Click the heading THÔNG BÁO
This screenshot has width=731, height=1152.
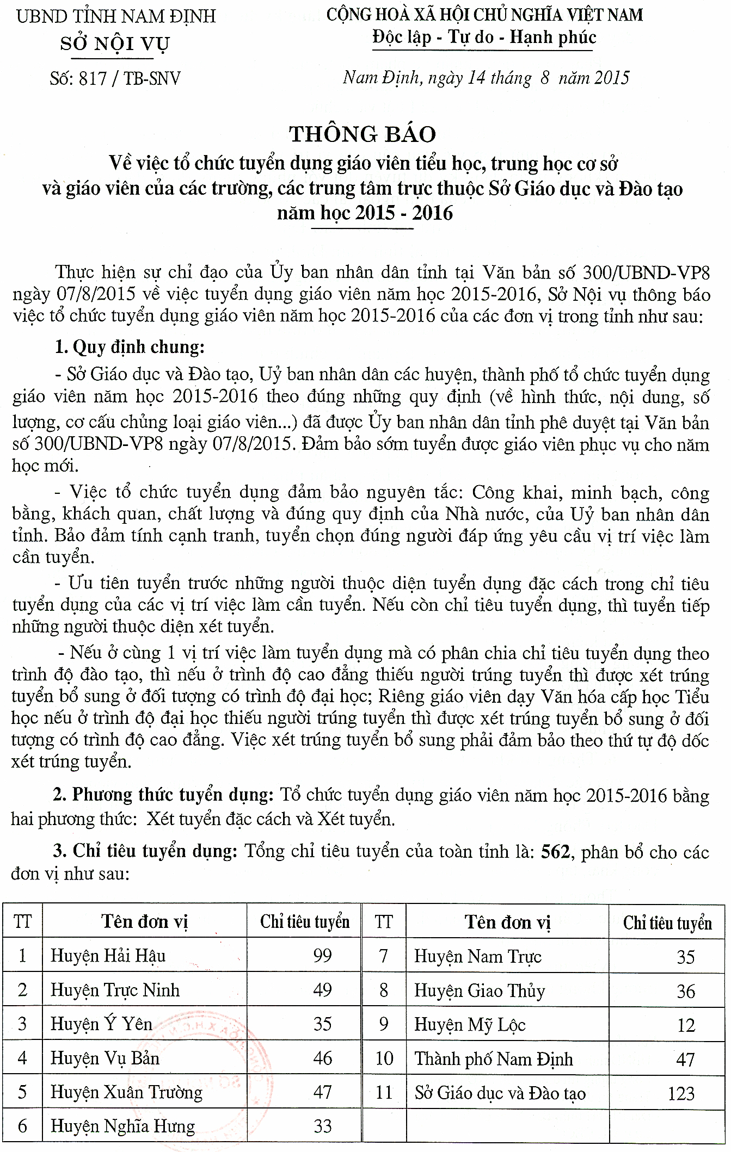coord(363,134)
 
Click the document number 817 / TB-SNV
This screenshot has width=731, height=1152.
coord(115,79)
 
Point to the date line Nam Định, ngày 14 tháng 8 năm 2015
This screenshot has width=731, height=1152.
coord(486,78)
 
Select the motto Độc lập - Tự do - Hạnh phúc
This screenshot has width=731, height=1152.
coord(484,38)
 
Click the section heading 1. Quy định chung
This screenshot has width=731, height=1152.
coord(130,346)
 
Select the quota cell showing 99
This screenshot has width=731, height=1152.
coord(322,955)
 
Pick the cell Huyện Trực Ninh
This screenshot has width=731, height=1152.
coord(115,989)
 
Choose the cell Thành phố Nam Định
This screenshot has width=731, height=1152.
coord(493,1058)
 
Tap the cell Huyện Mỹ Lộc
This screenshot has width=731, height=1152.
coord(469,1024)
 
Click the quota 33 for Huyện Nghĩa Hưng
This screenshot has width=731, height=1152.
coord(322,1126)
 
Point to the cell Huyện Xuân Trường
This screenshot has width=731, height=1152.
coord(126,1092)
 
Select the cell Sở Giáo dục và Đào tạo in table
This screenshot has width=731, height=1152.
coord(500,1093)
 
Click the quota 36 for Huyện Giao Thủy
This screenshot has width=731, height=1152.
coord(685,990)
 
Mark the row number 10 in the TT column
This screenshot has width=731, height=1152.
coord(384,1058)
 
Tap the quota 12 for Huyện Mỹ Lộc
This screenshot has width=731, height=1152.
coord(685,1025)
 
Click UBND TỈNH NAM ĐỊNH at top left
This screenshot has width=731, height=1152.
coord(116,16)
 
